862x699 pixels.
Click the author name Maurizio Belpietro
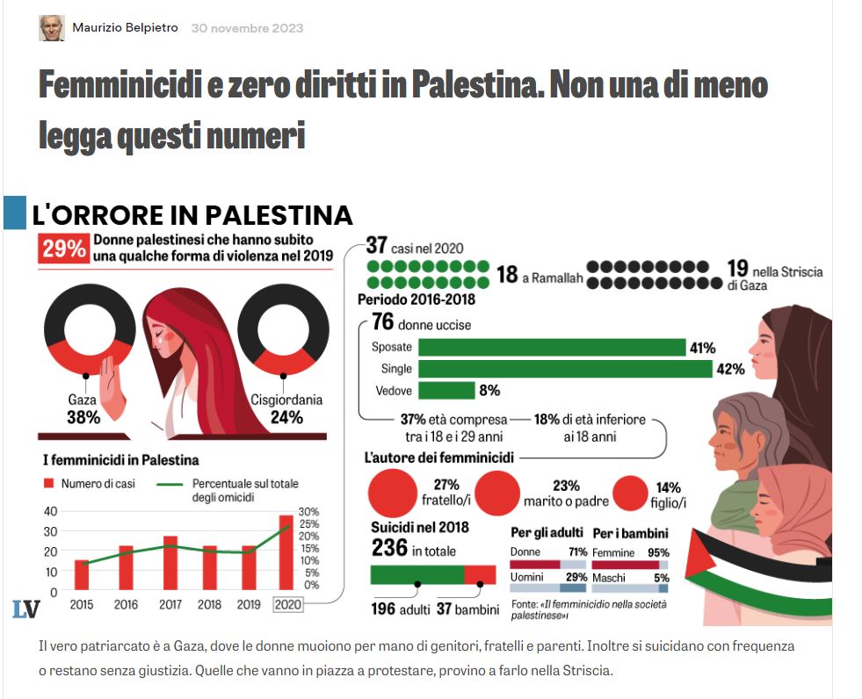click(125, 28)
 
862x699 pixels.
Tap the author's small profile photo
click(52, 28)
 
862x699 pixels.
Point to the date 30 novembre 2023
click(247, 28)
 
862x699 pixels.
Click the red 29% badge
click(63, 249)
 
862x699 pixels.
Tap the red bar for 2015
click(82, 574)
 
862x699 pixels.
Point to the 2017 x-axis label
click(170, 605)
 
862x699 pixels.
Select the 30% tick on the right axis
click(309, 511)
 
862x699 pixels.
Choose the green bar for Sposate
click(552, 348)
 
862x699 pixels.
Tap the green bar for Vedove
click(446, 391)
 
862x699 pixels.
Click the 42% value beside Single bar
click(730, 369)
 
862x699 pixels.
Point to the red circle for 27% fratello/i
click(392, 492)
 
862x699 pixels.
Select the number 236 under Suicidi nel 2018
click(388, 549)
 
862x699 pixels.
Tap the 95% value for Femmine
click(659, 552)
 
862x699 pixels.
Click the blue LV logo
click(25, 609)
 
